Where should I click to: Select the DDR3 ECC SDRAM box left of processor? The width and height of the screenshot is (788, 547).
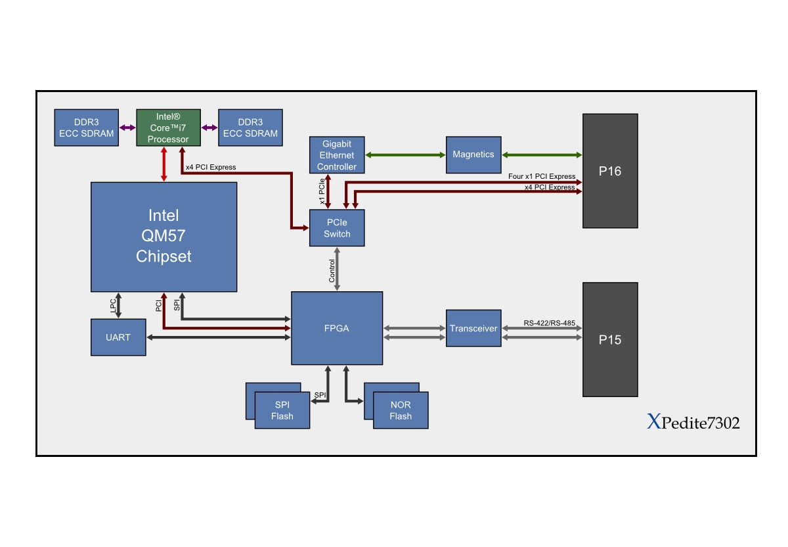(x=86, y=128)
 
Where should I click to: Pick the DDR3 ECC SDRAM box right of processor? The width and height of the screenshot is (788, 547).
(x=250, y=128)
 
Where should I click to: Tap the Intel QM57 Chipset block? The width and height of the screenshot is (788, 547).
(x=164, y=236)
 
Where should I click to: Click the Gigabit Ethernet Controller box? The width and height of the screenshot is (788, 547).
(x=336, y=155)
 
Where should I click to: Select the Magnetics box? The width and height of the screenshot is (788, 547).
(x=473, y=155)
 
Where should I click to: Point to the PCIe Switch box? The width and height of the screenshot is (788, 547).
(x=337, y=228)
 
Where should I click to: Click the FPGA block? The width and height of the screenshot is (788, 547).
(x=337, y=327)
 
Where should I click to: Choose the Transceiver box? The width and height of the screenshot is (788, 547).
(x=473, y=327)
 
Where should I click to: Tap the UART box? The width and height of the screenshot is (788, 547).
(x=118, y=337)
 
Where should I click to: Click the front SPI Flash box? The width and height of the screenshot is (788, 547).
(x=283, y=411)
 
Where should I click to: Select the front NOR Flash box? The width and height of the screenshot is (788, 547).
(x=401, y=411)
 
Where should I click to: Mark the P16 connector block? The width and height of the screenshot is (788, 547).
(x=610, y=171)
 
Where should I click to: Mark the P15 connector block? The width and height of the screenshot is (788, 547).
(x=610, y=340)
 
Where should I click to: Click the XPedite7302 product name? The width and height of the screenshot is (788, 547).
(x=693, y=423)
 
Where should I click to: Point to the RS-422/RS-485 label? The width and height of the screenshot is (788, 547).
(x=549, y=323)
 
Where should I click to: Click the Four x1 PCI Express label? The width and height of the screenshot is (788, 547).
(x=542, y=176)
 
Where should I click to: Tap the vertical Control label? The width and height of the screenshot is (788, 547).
(x=332, y=271)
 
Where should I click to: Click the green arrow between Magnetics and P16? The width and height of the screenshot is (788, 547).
(x=542, y=155)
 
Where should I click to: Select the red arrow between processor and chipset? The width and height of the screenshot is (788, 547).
(x=163, y=164)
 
